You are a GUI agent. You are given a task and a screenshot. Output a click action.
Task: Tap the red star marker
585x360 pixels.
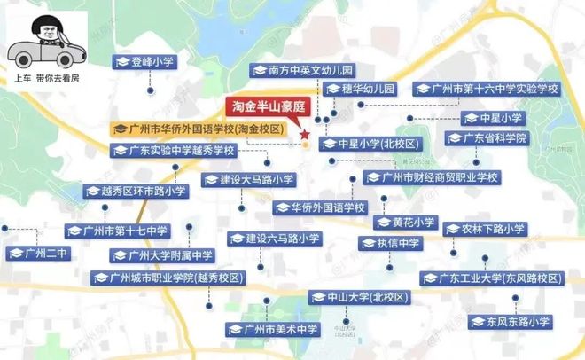305,137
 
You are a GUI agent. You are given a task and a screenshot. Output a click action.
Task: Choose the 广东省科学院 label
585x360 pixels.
487,138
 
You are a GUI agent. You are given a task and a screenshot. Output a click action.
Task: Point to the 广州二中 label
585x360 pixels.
39,254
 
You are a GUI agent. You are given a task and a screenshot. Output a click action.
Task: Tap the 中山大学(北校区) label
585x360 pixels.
348,296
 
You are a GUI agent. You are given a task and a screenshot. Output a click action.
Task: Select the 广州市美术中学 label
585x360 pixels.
273,330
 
